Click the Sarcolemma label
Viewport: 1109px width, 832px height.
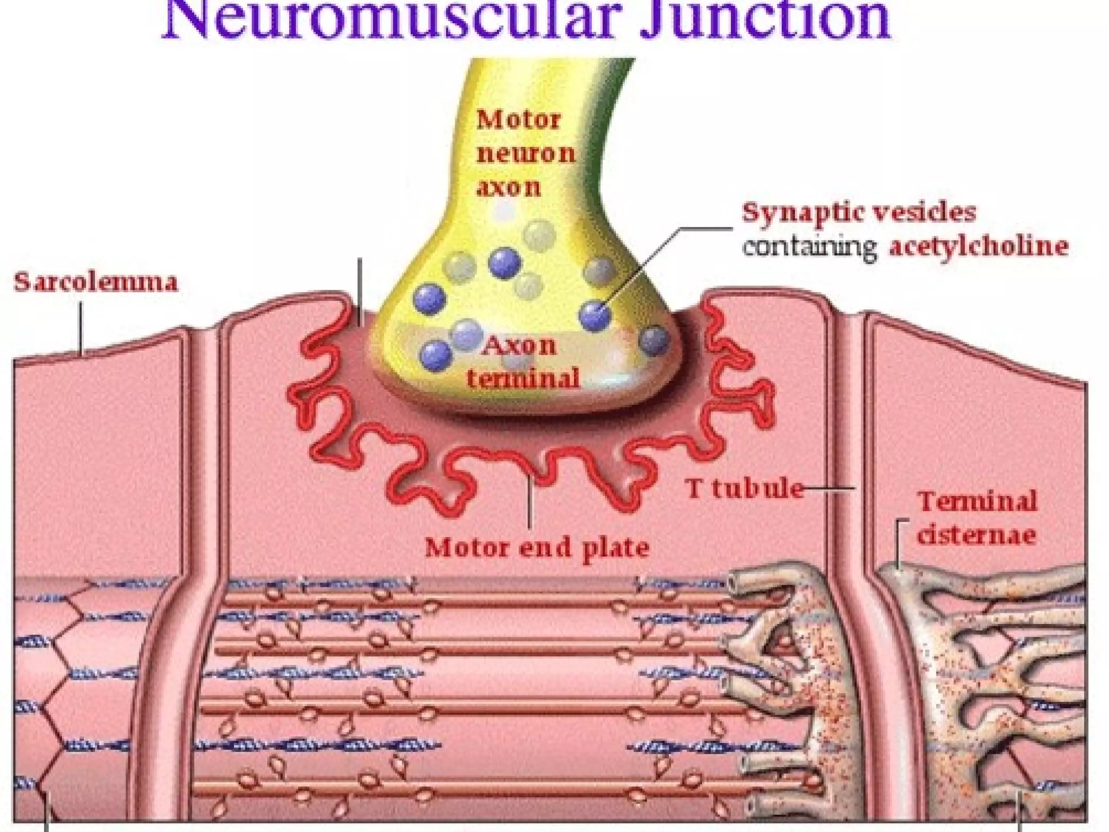coord(96,283)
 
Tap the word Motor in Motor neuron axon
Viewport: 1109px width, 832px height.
coord(518,120)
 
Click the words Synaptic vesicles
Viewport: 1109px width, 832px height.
coord(859,213)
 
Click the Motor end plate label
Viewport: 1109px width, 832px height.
coord(537,548)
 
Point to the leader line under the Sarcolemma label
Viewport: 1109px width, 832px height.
coord(82,328)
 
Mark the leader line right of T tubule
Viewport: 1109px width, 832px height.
coord(830,489)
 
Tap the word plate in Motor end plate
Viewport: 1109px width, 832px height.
coord(618,548)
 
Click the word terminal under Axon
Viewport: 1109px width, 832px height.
coord(523,378)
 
